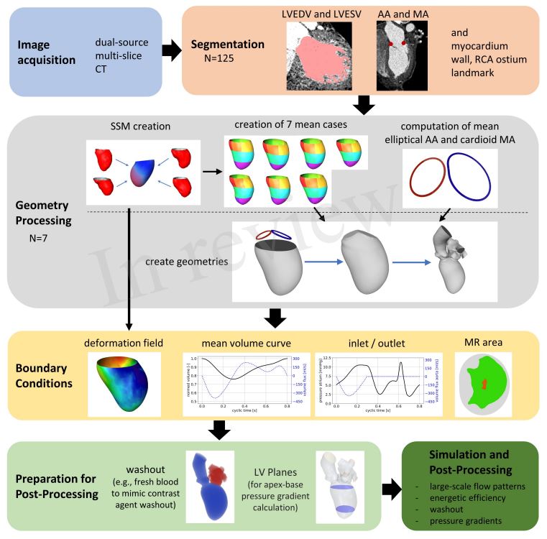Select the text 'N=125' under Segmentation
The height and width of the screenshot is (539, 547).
209,60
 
